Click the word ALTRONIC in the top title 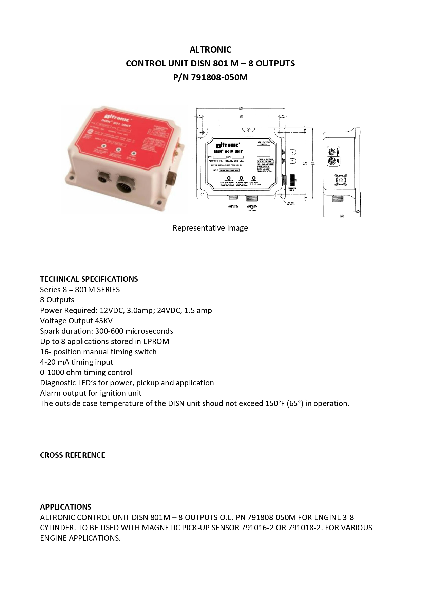(x=210, y=49)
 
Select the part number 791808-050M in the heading (x=219, y=78)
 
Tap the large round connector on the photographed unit (x=127, y=185)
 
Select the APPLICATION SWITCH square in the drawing (x=264, y=151)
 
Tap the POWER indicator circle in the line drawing (x=253, y=178)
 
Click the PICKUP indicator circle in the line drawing (x=241, y=178)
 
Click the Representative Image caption (x=210, y=228)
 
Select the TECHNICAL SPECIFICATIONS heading (x=89, y=279)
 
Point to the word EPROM (x=156, y=341)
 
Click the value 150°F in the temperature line (x=274, y=403)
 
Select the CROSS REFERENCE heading (x=73, y=455)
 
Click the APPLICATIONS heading (x=66, y=507)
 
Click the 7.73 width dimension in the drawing (x=241, y=116)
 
